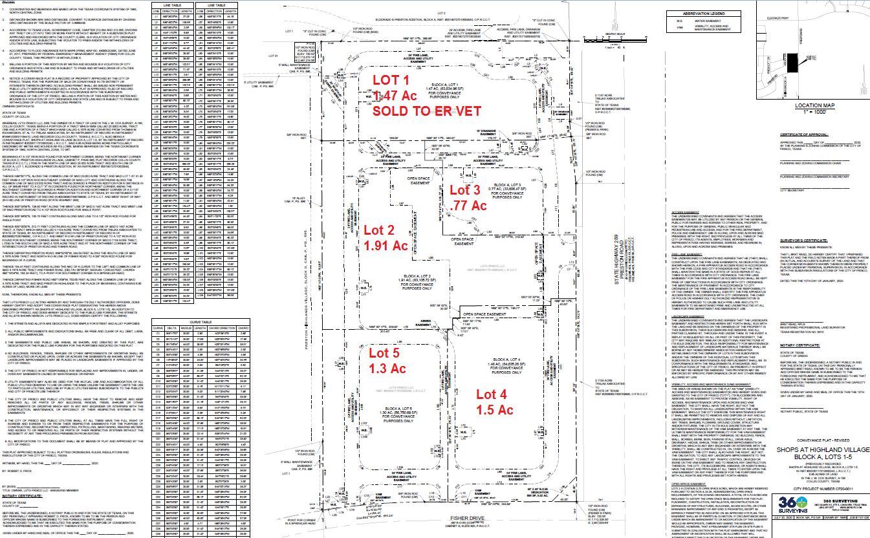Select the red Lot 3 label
coord(466,190)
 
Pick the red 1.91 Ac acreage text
coord(386,246)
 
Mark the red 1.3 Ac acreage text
coord(387,369)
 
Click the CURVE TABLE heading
coord(200,321)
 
